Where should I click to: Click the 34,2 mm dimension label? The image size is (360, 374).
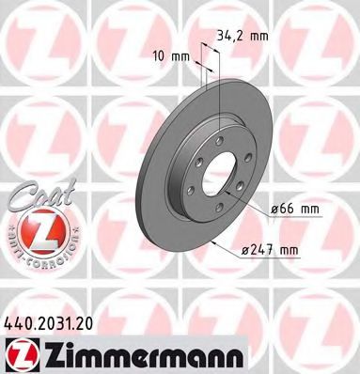(243, 36)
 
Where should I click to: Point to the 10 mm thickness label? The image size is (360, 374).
(171, 56)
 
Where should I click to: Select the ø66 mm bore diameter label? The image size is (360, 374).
(295, 209)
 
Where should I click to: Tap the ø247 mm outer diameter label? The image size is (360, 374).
(270, 250)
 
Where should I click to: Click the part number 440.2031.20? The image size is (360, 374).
(49, 323)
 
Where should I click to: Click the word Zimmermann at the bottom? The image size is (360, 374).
(143, 355)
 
